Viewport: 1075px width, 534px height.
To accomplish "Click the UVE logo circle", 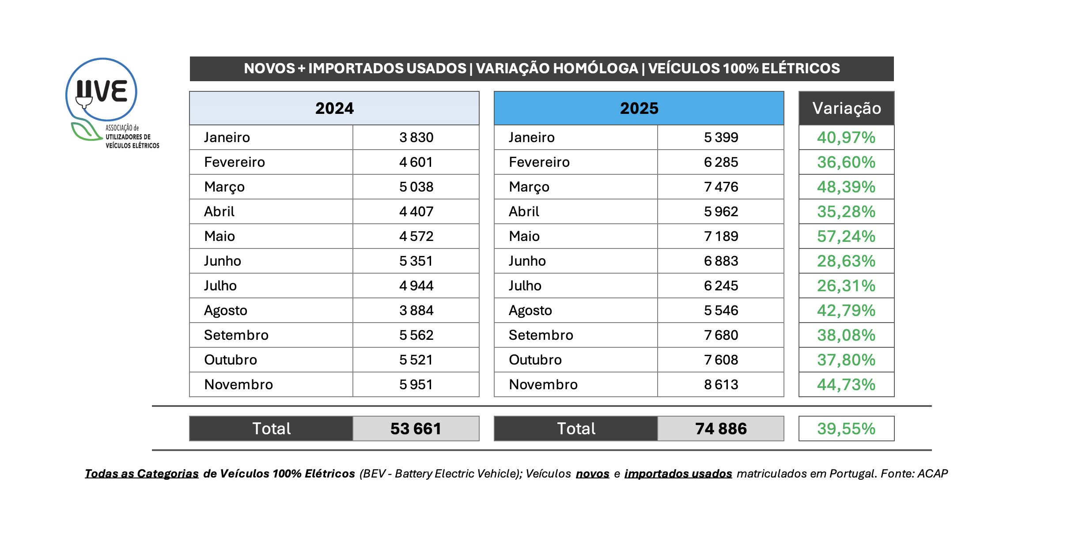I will pyautogui.click(x=101, y=90).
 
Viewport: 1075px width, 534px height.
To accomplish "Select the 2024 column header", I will pyautogui.click(x=334, y=108).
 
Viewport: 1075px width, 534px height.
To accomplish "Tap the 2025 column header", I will pyautogui.click(x=639, y=108).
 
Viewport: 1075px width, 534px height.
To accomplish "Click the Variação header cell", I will pyautogui.click(x=846, y=108).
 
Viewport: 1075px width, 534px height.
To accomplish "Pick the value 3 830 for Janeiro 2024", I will pyautogui.click(x=416, y=137).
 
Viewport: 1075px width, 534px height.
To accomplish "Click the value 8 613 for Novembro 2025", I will pyautogui.click(x=721, y=384).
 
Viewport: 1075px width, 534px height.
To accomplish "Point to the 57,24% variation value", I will pyautogui.click(x=846, y=236).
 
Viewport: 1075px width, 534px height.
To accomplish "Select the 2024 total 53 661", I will pyautogui.click(x=416, y=429).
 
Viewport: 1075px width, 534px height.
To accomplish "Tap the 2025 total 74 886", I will pyautogui.click(x=721, y=429).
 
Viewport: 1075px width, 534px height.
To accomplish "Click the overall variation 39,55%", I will pyautogui.click(x=846, y=429).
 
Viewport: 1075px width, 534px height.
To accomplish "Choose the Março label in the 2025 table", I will pyautogui.click(x=529, y=187).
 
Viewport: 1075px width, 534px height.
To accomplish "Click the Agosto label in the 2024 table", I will pyautogui.click(x=225, y=311).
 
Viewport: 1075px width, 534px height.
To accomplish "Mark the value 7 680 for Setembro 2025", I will pyautogui.click(x=721, y=335).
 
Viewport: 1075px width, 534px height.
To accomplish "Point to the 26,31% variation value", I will pyautogui.click(x=846, y=286).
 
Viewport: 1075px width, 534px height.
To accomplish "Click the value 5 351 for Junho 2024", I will pyautogui.click(x=416, y=261).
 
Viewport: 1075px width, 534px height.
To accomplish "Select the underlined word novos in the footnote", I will pyautogui.click(x=592, y=474).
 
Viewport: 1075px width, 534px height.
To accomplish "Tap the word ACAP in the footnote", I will pyautogui.click(x=932, y=474).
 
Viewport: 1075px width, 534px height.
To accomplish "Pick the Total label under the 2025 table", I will pyautogui.click(x=576, y=429).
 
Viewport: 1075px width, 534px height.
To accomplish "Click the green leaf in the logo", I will pyautogui.click(x=85, y=131).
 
